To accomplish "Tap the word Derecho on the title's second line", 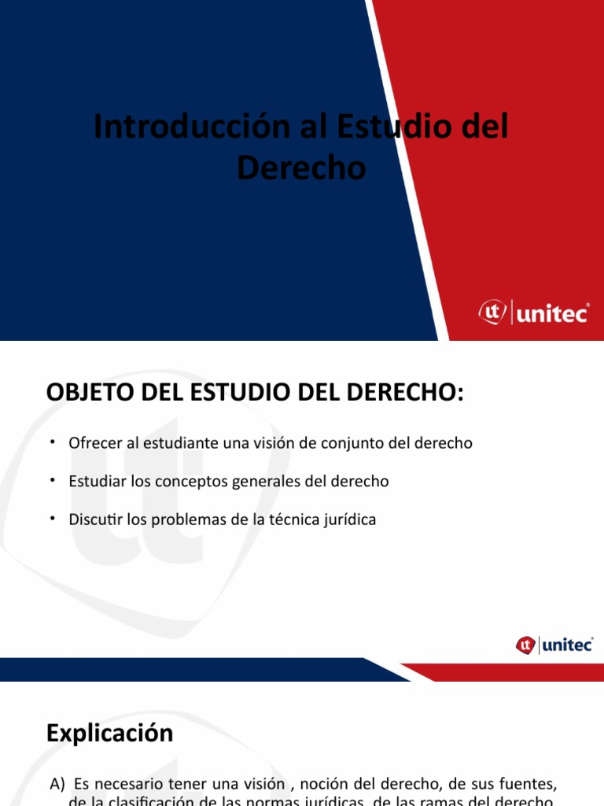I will [x=302, y=167].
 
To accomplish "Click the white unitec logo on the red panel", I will [x=534, y=312].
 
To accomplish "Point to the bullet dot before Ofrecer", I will [x=52, y=442].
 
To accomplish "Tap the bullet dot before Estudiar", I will [x=52, y=479].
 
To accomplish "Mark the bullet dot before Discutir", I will [x=52, y=518].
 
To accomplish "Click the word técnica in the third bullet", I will [x=292, y=519].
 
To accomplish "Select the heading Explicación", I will [x=109, y=734].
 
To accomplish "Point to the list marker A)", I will [x=57, y=784].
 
